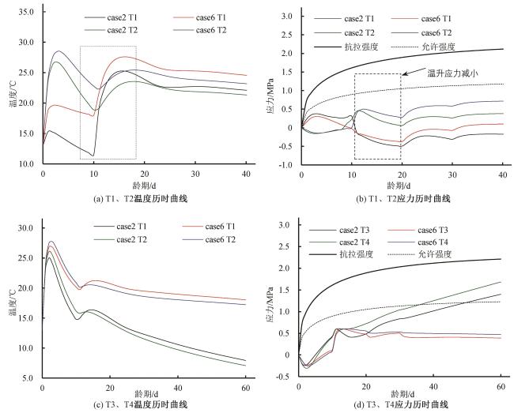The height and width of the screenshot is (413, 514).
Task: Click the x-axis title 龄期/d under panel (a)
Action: (x=144, y=185)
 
